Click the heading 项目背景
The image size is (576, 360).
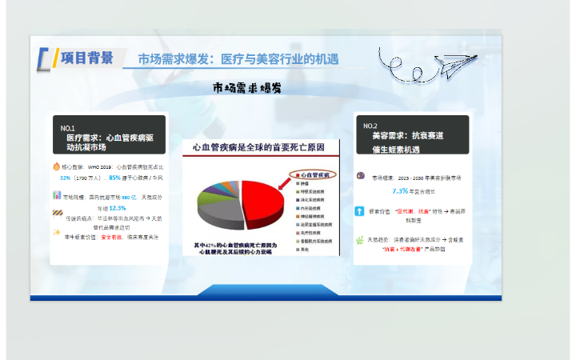pyautogui.click(x=87, y=58)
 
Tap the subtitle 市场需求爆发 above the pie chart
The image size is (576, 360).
pyautogui.click(x=246, y=87)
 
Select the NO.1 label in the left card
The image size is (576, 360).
pyautogui.click(x=68, y=128)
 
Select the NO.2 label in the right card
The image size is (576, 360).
pyautogui.click(x=370, y=126)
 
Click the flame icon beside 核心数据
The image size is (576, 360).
pyautogui.click(x=57, y=167)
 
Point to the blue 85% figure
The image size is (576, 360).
pyautogui.click(x=114, y=178)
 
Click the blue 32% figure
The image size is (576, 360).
pyautogui.click(x=66, y=178)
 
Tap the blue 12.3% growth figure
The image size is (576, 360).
pyautogui.click(x=118, y=207)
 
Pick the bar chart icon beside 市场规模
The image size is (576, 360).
pyautogui.click(x=57, y=195)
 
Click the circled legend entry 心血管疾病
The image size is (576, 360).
pyautogui.click(x=315, y=174)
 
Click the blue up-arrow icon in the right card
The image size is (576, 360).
pyautogui.click(x=361, y=211)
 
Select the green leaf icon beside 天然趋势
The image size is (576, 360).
pyautogui.click(x=361, y=239)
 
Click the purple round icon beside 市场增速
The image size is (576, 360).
pyautogui.click(x=361, y=176)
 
